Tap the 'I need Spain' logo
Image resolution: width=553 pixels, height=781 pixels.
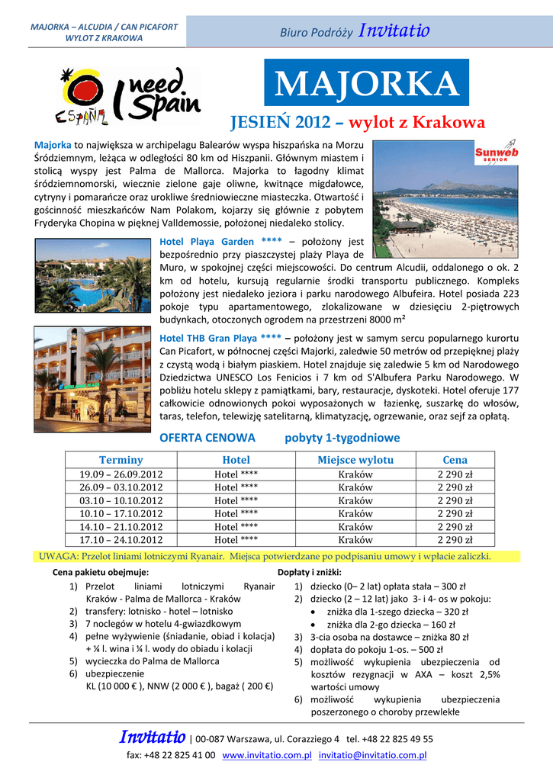tap(127, 97)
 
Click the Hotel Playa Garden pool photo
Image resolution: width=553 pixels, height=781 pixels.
tap(92, 275)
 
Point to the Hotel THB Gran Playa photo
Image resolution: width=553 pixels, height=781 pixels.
tap(92, 369)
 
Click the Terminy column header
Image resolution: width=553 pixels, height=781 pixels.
tap(121, 460)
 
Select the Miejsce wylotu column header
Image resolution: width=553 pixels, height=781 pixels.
tap(355, 460)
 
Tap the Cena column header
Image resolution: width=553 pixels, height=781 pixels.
tap(455, 460)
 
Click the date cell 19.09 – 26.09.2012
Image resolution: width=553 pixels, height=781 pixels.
tap(121, 474)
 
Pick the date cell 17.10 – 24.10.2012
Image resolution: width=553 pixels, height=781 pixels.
tap(121, 540)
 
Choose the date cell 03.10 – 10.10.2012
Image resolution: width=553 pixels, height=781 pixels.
tap(121, 500)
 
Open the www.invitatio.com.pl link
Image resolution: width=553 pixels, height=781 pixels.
tap(267, 755)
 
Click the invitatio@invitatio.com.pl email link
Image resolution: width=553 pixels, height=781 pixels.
tap(372, 755)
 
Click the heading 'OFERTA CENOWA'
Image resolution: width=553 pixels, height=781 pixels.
tap(207, 438)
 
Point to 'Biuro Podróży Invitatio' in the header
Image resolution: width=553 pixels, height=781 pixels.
tap(355, 32)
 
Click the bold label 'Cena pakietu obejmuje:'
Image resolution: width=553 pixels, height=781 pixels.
tap(101, 572)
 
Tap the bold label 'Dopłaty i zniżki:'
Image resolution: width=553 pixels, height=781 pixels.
tap(310, 572)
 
